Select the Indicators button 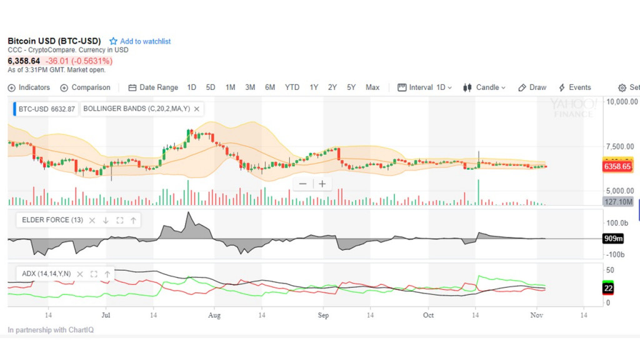pyautogui.click(x=29, y=87)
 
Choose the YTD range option pyautogui.click(x=292, y=87)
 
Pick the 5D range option pyautogui.click(x=211, y=87)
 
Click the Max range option pyautogui.click(x=372, y=87)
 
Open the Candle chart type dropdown pyautogui.click(x=484, y=87)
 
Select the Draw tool pyautogui.click(x=532, y=87)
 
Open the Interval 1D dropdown pyautogui.click(x=425, y=87)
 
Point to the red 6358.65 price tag pyautogui.click(x=617, y=167)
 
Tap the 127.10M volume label pyautogui.click(x=618, y=202)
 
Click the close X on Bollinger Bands pyautogui.click(x=196, y=109)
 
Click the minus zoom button pyautogui.click(x=303, y=184)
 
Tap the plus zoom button pyautogui.click(x=322, y=184)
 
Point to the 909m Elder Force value pyautogui.click(x=611, y=239)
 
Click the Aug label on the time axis pyautogui.click(x=214, y=315)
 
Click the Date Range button pyautogui.click(x=153, y=87)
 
